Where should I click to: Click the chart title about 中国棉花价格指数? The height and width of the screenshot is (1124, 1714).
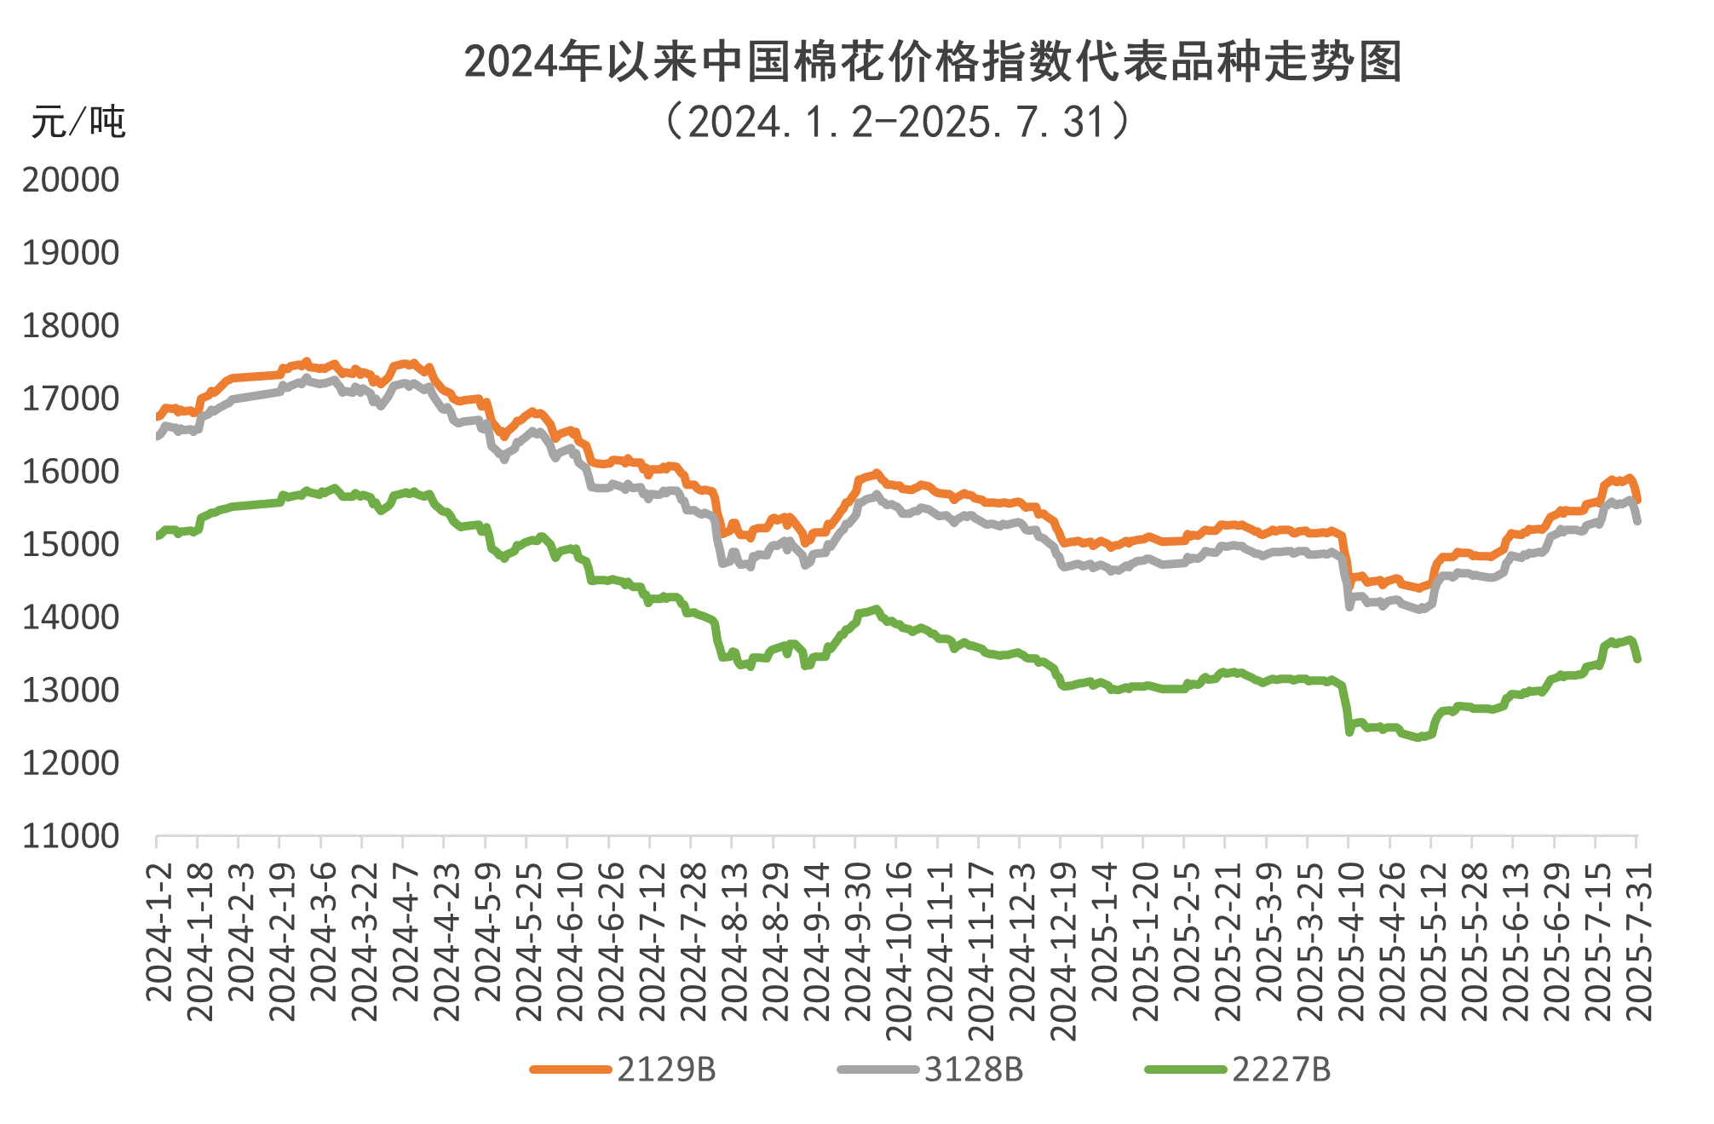932,62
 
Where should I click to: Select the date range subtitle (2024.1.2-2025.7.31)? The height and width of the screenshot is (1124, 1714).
899,122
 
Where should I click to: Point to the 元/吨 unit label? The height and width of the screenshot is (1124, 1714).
78,123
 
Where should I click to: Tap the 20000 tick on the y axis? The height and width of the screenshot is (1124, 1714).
71,180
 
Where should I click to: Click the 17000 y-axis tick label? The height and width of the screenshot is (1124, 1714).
71,399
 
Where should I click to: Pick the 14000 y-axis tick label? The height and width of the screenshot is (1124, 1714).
71,617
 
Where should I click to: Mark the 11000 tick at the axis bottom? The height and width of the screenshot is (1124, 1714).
71,836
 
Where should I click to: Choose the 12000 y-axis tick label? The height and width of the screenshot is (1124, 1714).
71,763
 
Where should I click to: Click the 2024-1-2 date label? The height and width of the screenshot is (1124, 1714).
159,932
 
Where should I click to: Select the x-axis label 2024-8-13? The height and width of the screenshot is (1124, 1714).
734,941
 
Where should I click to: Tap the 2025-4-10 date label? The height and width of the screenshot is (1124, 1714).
1351,941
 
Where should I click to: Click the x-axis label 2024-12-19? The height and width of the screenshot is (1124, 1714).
1064,951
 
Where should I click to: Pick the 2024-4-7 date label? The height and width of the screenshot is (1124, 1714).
405,932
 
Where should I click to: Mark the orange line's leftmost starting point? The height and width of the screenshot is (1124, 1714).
158,417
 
